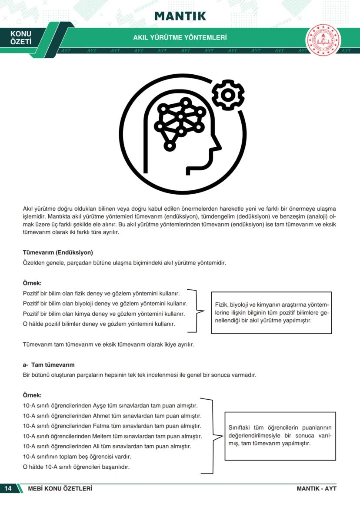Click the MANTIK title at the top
(x=180, y=16)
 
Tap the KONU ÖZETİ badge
(x=21, y=38)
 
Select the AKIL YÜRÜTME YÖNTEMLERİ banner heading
(x=180, y=38)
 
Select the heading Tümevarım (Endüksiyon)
(x=58, y=252)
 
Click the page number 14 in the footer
(x=8, y=488)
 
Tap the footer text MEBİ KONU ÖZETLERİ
(x=60, y=488)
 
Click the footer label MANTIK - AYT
(x=317, y=488)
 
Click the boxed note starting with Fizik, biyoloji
(x=271, y=313)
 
